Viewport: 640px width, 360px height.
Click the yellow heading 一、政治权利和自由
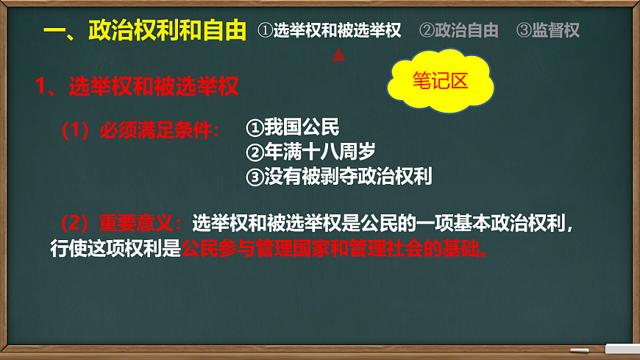[x=144, y=30]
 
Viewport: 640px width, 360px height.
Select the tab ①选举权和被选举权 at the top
[x=330, y=30]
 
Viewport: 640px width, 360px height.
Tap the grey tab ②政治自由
[x=458, y=30]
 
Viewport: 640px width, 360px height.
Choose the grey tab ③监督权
[x=548, y=30]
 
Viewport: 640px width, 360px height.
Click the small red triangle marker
[x=338, y=54]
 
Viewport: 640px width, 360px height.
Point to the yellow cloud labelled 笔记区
[x=440, y=82]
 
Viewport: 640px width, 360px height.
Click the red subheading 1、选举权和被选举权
[x=137, y=87]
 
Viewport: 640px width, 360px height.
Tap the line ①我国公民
[x=292, y=128]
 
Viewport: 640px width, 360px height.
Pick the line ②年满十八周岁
[x=310, y=152]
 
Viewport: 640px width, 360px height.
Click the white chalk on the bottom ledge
[x=580, y=349]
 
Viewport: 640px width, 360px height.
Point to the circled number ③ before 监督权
[x=524, y=30]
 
